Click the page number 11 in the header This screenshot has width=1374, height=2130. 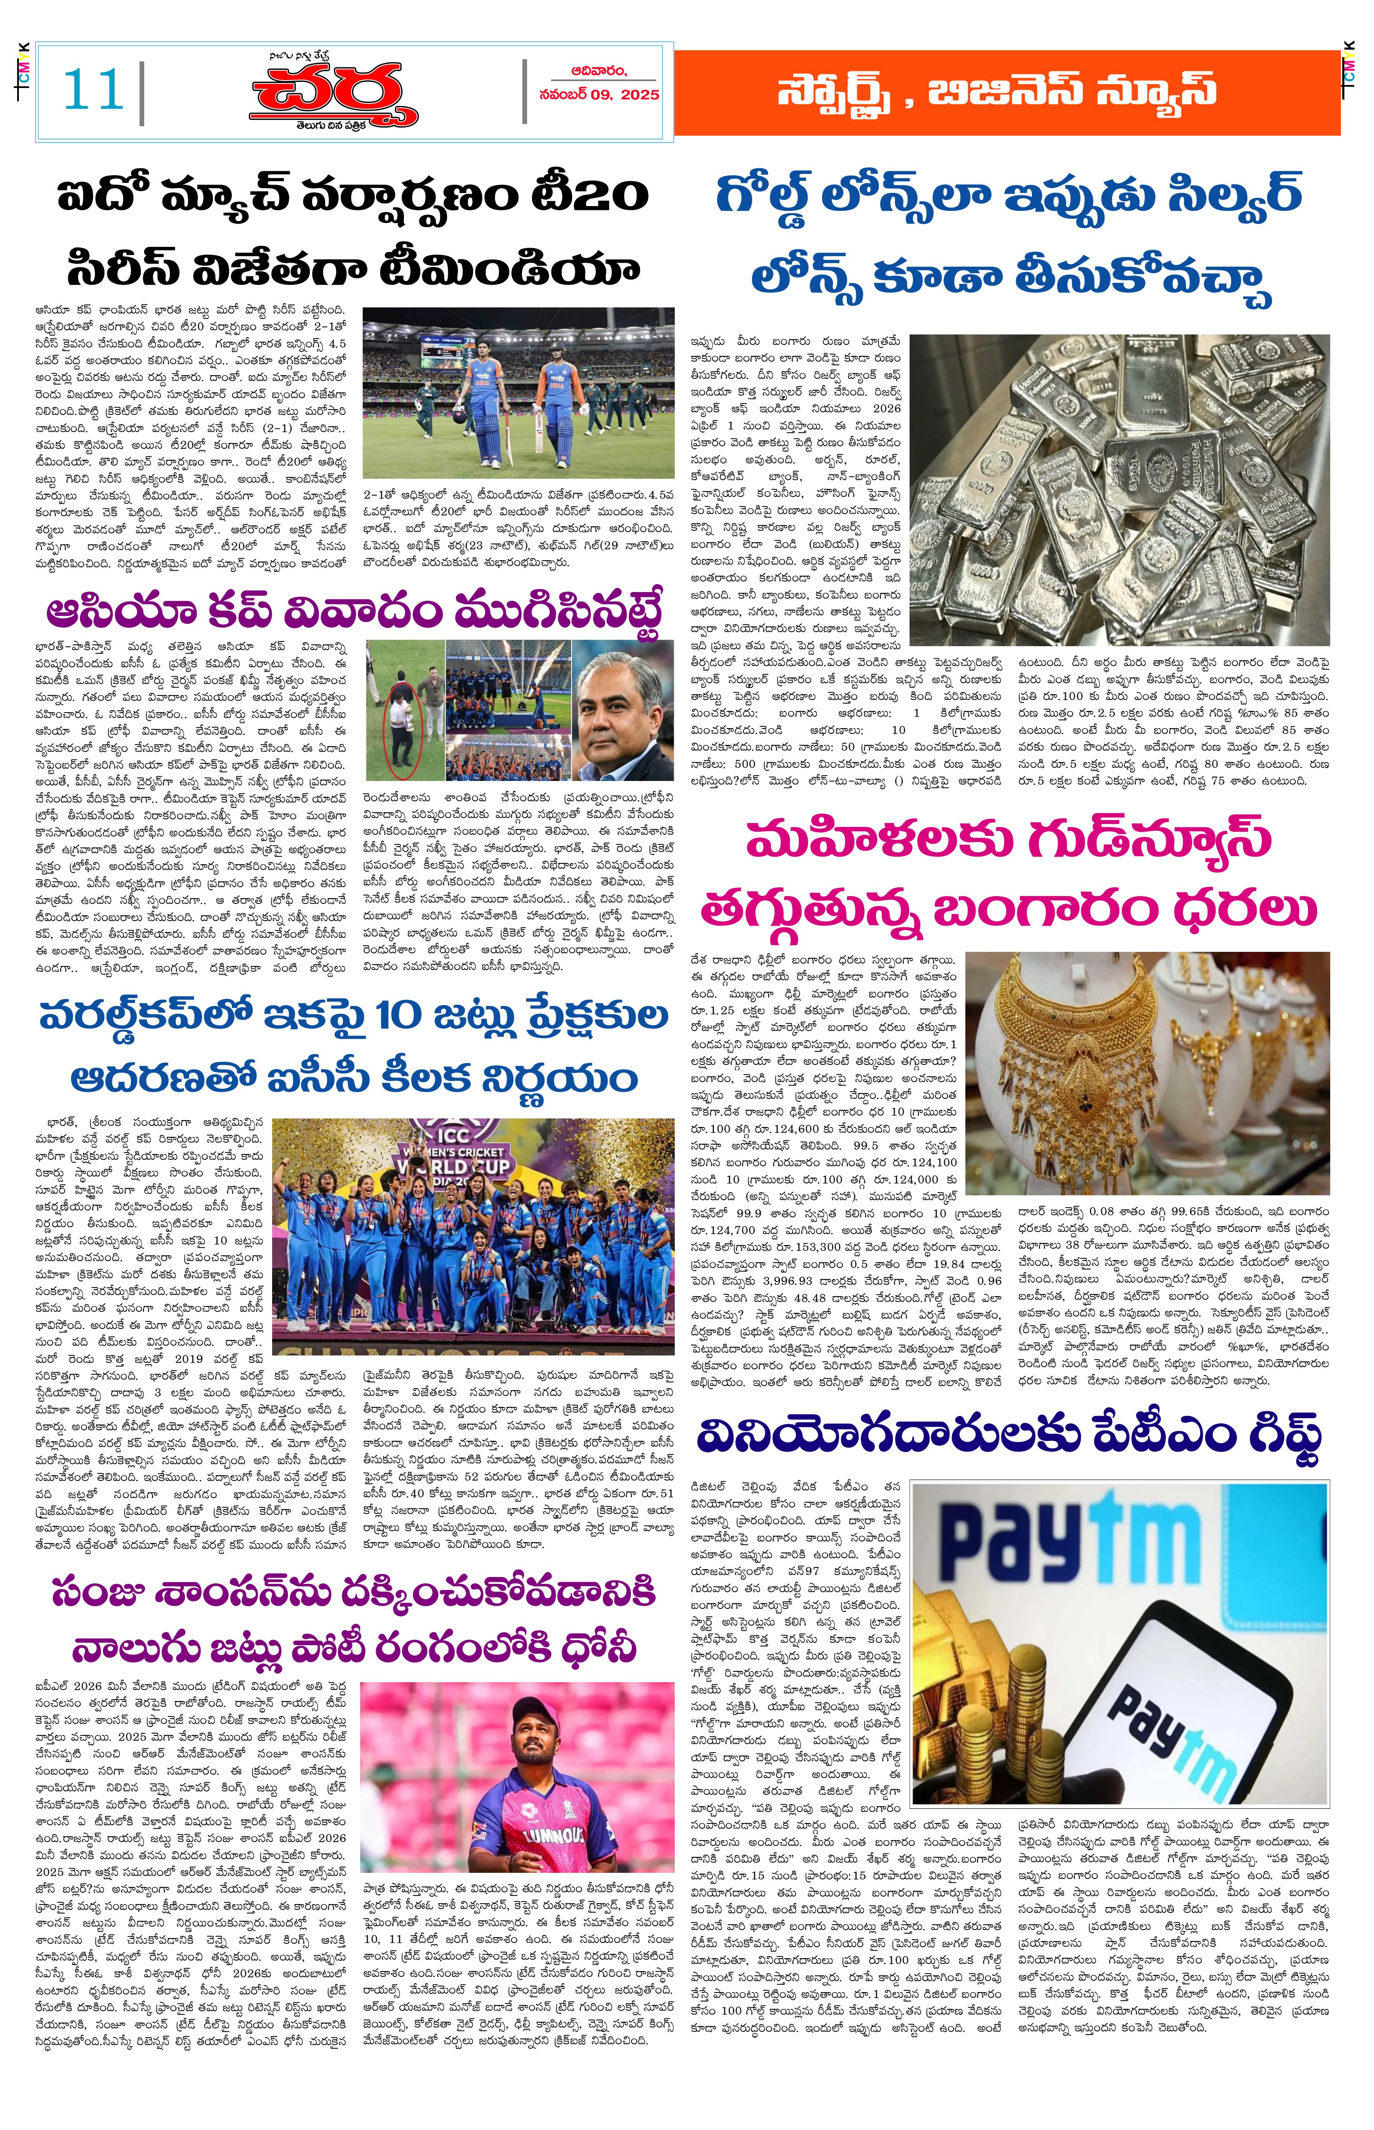click(x=93, y=90)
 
